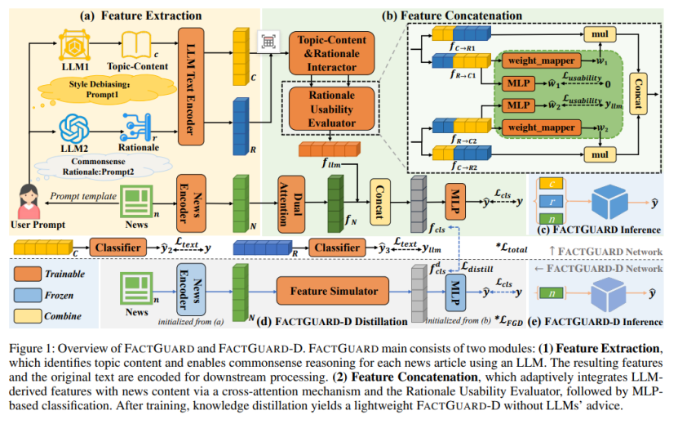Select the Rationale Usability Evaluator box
(331, 108)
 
